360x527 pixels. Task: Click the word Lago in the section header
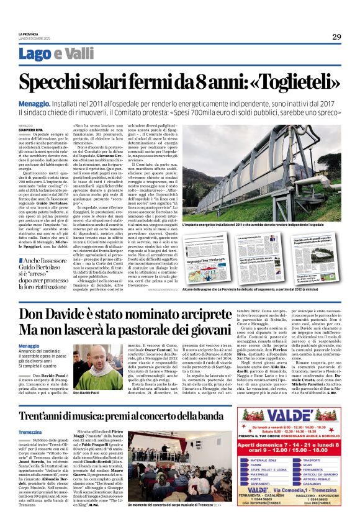52,54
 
